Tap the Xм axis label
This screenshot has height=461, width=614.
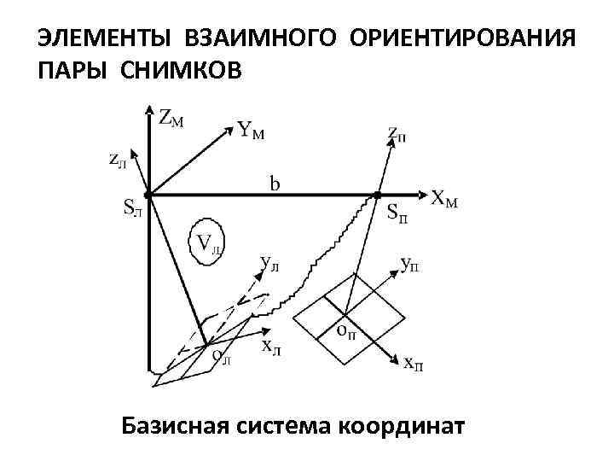pos(444,200)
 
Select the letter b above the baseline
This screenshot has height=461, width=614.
pos(276,184)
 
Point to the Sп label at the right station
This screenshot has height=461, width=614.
pos(397,212)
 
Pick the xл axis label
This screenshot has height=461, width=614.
pos(272,346)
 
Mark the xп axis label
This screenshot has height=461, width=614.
pos(414,365)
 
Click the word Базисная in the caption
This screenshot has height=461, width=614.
pos(171,424)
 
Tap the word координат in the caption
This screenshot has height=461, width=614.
pos(402,424)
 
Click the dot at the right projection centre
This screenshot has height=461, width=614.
pos(377,195)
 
